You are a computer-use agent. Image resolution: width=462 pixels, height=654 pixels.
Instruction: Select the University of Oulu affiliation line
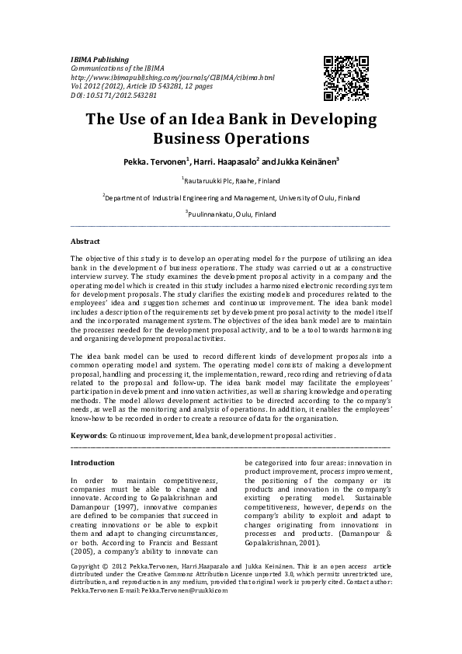(x=231, y=198)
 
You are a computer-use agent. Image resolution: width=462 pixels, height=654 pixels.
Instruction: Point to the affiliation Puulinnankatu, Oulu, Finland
(x=231, y=214)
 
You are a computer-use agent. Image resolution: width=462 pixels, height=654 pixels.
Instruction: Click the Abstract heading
(x=85, y=242)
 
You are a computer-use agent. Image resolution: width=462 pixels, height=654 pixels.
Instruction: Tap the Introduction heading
(x=92, y=462)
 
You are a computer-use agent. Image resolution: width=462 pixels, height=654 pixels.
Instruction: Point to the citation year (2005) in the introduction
(x=83, y=551)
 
